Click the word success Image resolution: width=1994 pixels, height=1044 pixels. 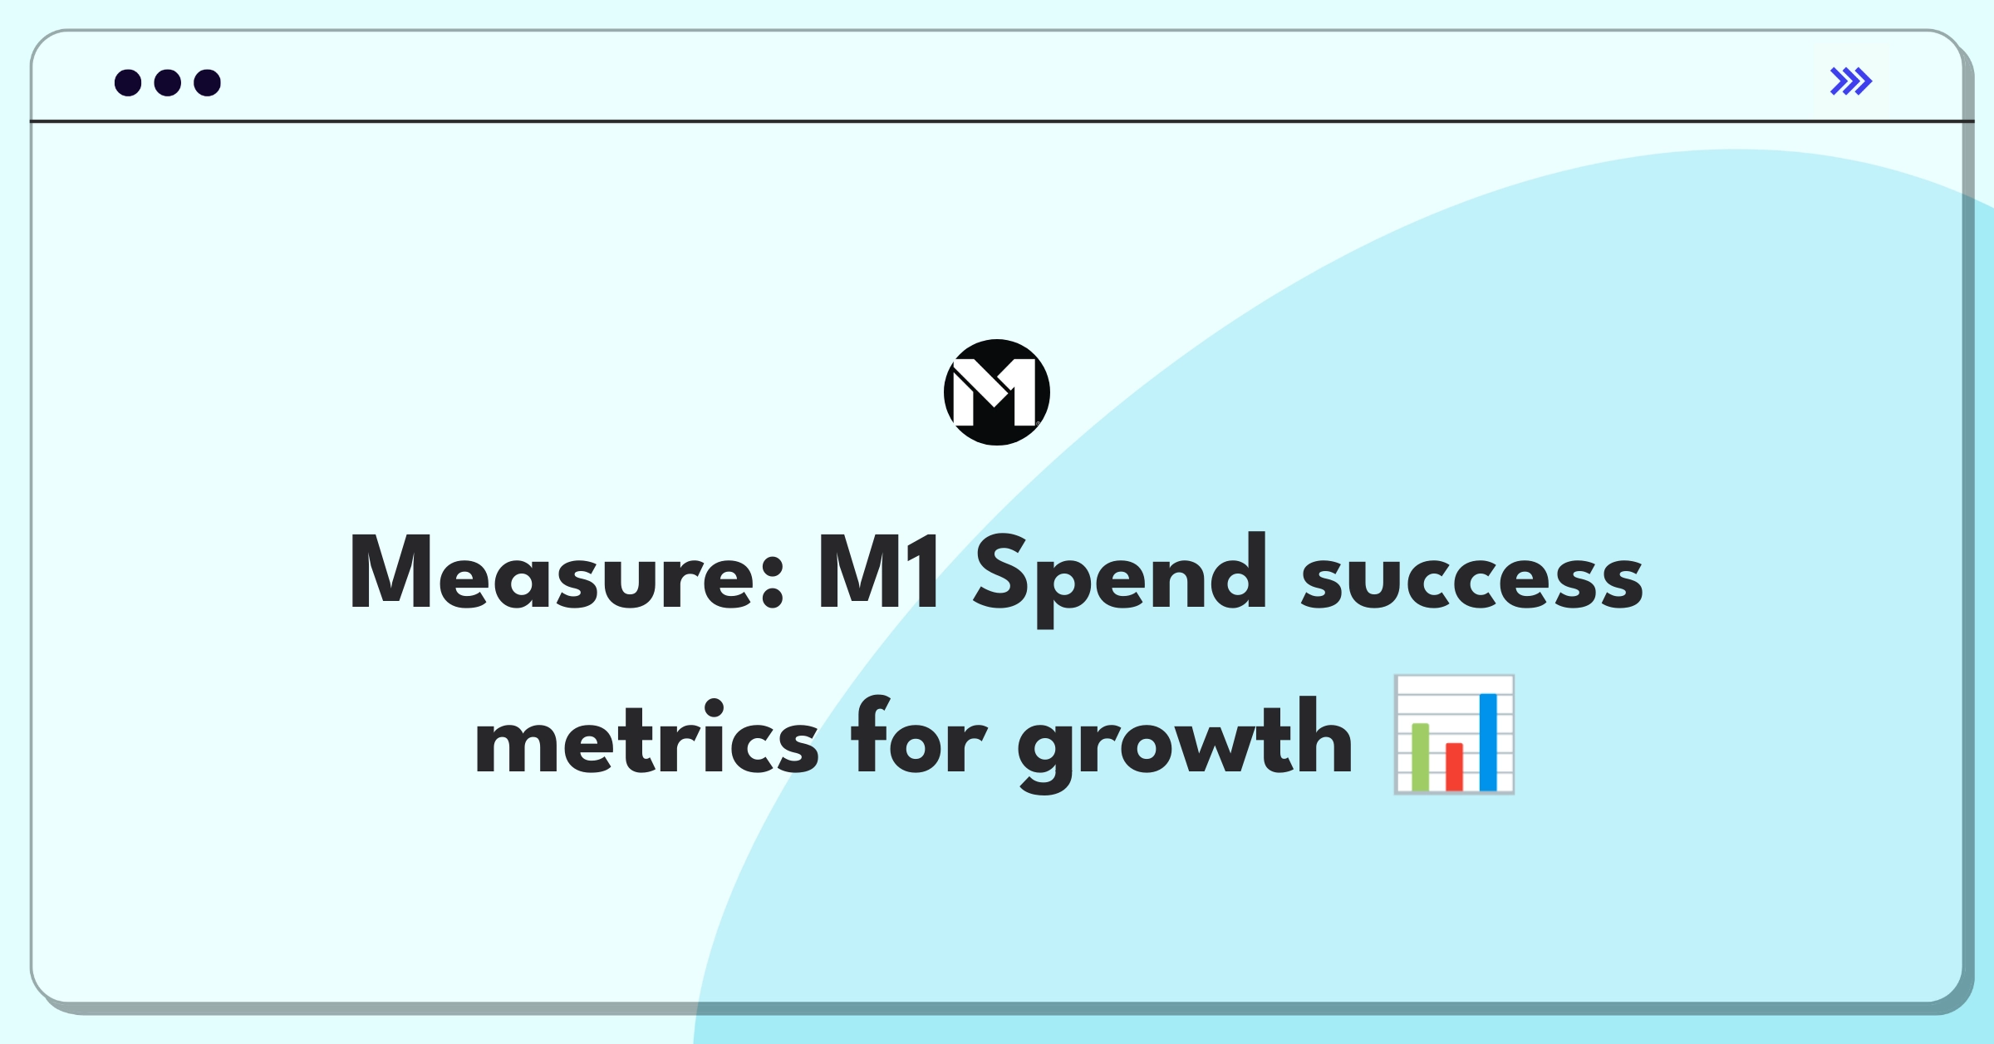(x=1472, y=579)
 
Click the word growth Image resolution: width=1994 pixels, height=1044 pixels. (x=1186, y=745)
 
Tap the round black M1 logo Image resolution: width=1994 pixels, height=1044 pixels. (x=997, y=392)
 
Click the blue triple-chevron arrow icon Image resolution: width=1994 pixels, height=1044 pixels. (x=1851, y=81)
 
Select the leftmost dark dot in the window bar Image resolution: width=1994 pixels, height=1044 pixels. (x=128, y=83)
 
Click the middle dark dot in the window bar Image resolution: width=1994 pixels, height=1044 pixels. (x=168, y=83)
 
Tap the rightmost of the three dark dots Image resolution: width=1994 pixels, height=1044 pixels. (x=208, y=83)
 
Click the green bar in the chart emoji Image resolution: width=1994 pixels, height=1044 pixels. (x=1421, y=757)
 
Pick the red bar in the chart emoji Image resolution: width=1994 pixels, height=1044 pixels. (x=1454, y=766)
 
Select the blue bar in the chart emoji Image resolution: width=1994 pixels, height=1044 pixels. (x=1488, y=742)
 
